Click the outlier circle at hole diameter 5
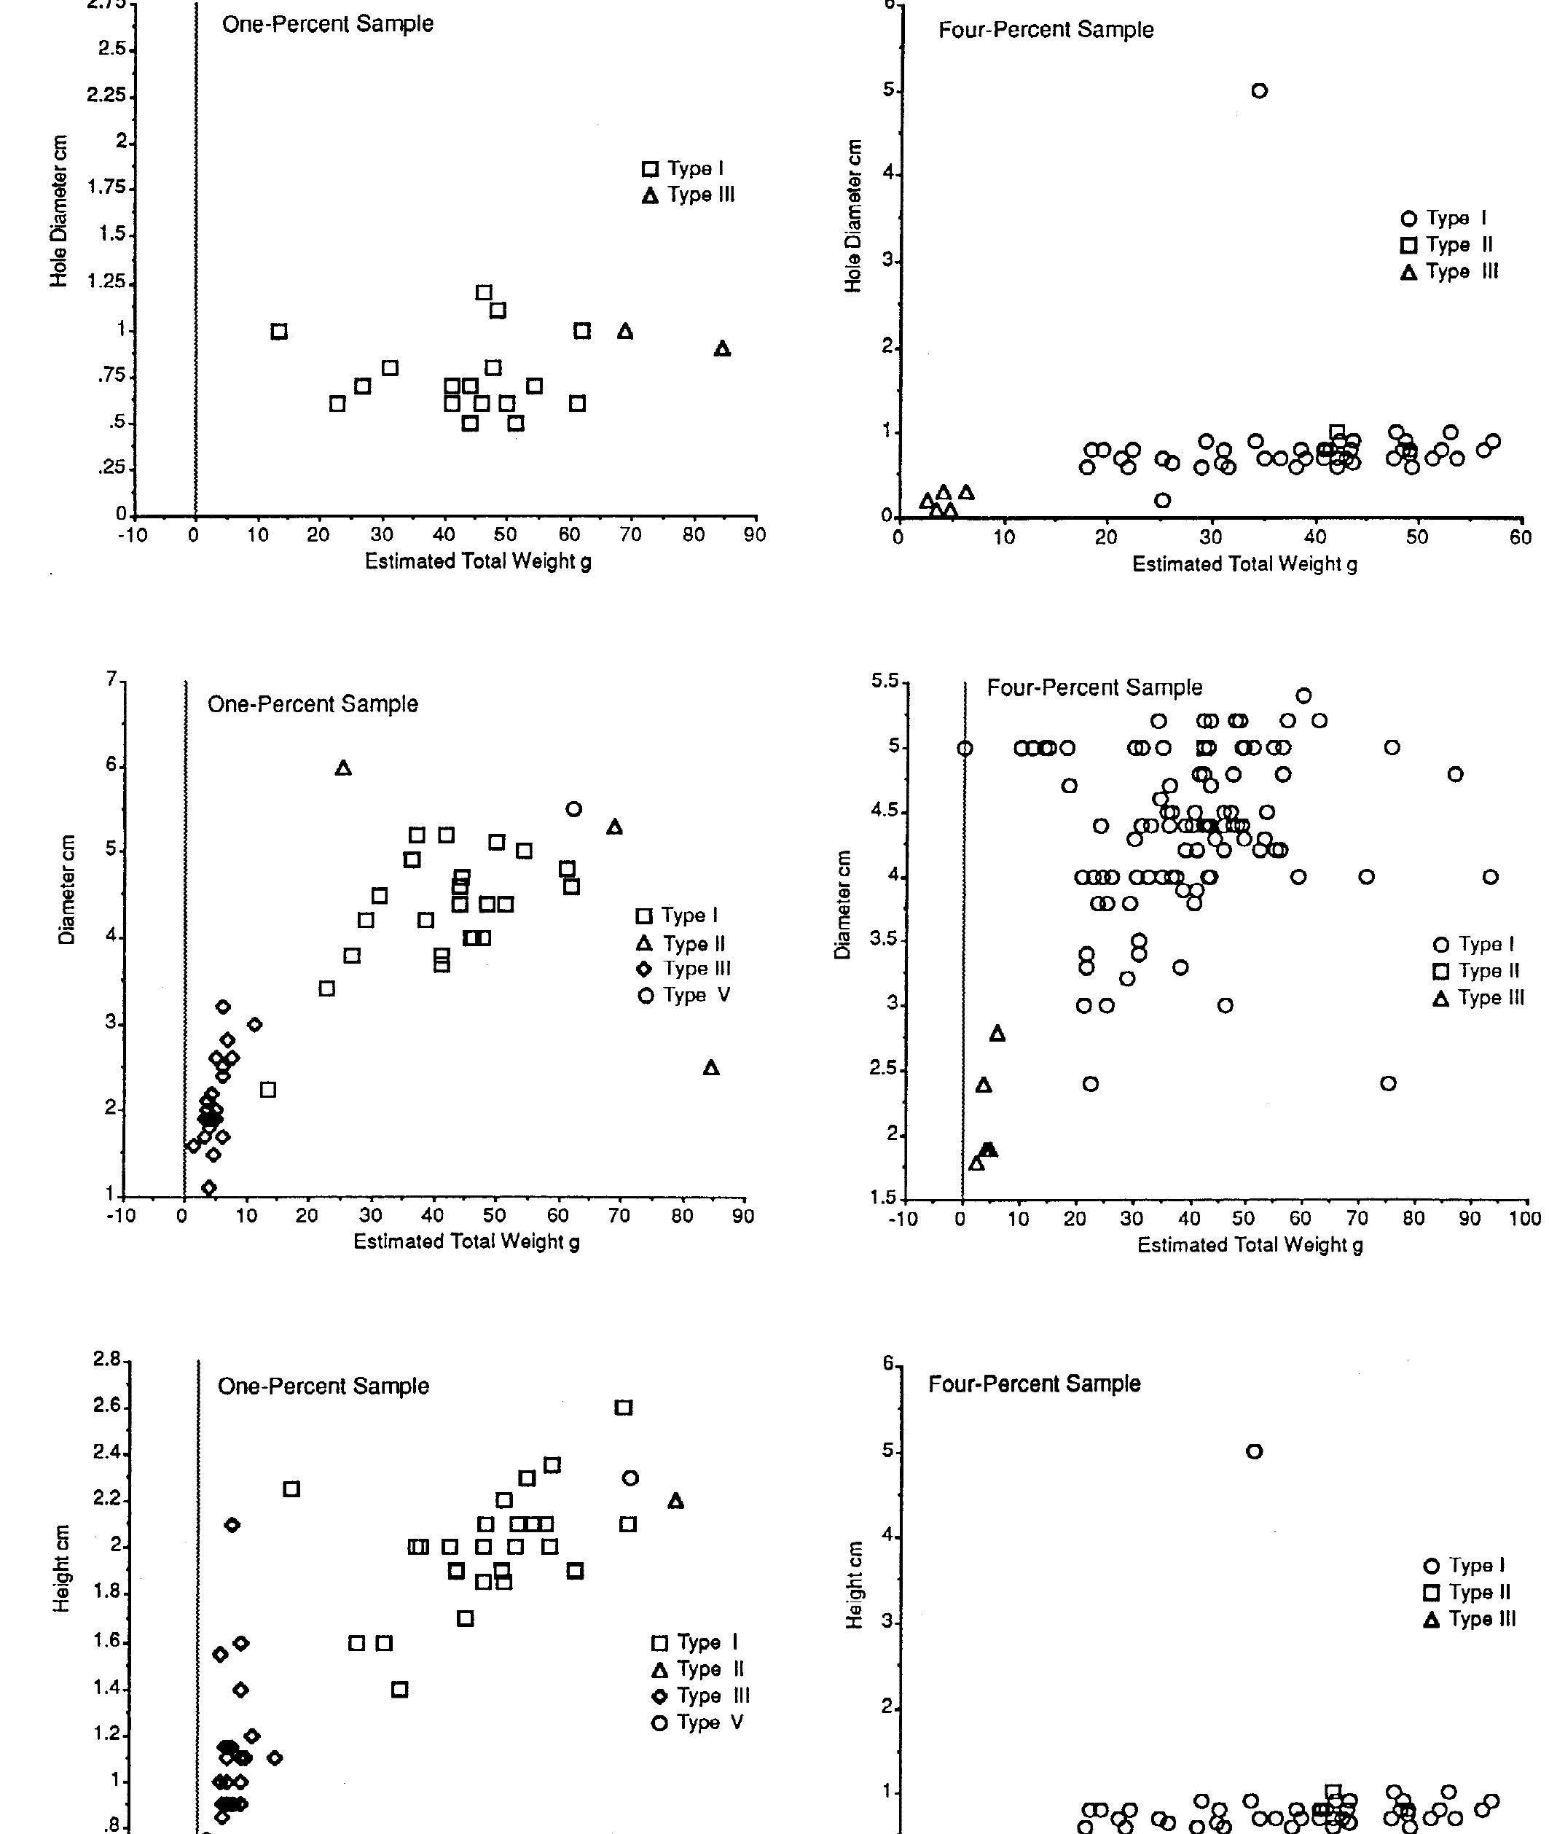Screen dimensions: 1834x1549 1259,90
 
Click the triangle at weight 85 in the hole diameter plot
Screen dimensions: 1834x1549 722,348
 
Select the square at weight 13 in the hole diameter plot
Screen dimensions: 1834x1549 279,331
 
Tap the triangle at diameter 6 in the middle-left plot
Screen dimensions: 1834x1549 343,768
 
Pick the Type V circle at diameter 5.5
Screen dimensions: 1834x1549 573,809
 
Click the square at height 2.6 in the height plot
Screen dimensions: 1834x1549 622,1407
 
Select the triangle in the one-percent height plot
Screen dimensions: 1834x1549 675,1501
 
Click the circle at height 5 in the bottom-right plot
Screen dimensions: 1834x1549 1254,1451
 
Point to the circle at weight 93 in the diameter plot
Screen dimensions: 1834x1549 1490,877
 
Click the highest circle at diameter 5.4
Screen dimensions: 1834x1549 1304,695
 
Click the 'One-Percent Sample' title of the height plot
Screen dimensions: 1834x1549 323,1386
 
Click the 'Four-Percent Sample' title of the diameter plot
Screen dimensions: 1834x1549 1094,688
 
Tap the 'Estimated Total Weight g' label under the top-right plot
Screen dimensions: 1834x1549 1244,564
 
